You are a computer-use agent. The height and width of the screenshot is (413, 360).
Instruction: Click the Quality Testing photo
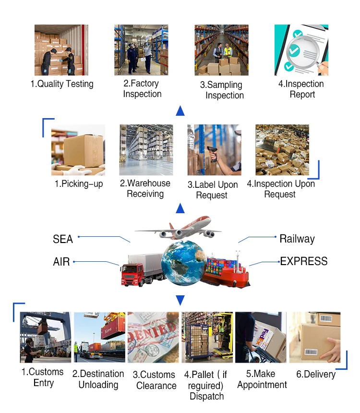pos(61,50)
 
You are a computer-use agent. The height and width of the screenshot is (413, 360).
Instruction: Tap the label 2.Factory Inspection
pos(142,89)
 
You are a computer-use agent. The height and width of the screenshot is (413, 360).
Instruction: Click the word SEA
pos(63,239)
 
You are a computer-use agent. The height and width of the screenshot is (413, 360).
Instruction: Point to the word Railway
pos(297,238)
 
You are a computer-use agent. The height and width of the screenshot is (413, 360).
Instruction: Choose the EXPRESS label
pos(304,261)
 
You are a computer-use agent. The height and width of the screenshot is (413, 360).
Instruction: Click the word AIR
pos(61,262)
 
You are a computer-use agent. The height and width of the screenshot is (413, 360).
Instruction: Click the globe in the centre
pos(183,262)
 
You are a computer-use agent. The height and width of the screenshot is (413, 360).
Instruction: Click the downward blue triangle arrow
pos(180,300)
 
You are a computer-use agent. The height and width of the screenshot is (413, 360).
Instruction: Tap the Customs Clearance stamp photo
pos(153,337)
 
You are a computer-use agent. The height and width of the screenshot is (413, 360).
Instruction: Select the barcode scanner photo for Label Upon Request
pos(214,150)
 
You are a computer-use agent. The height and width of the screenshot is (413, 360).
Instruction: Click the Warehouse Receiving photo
pos(146,150)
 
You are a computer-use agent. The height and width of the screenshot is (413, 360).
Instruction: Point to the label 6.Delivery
pos(315,374)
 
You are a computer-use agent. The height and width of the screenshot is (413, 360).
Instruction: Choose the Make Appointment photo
pos(261,337)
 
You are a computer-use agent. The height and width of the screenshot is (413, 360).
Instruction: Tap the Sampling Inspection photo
pos(221,50)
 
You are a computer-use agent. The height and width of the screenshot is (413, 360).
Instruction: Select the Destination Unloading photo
pos(99,337)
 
